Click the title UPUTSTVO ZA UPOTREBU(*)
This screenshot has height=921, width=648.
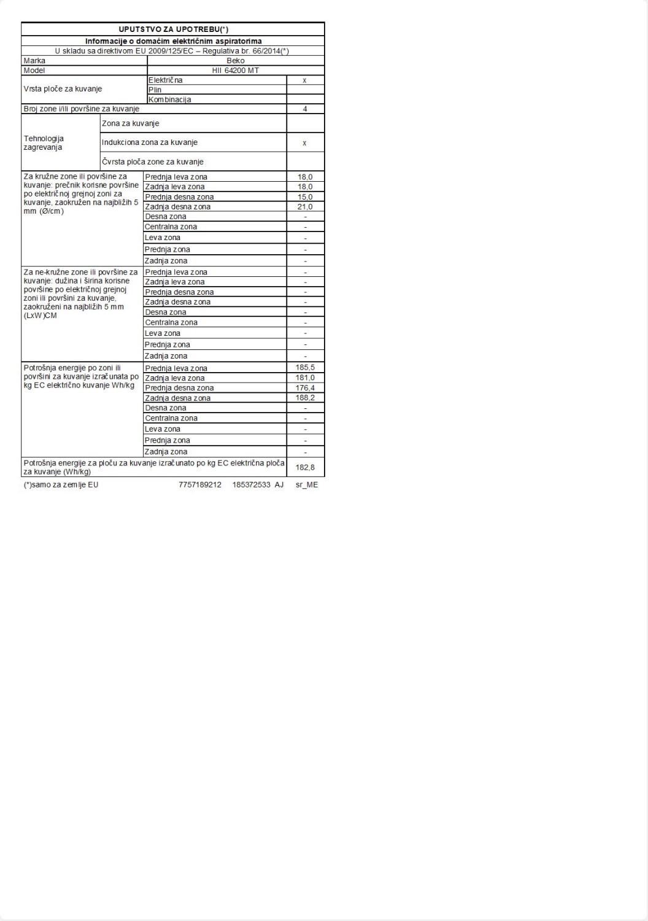point(173,29)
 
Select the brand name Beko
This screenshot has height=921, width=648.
point(236,61)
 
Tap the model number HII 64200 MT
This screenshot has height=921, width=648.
point(236,71)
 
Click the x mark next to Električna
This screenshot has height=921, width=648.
point(305,80)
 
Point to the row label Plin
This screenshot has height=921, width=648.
point(155,90)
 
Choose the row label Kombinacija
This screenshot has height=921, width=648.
point(170,99)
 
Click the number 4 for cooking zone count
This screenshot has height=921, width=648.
point(305,109)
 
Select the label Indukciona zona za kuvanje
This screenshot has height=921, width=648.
point(150,142)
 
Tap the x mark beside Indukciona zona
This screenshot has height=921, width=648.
point(305,143)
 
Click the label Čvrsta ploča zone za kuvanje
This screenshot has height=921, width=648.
point(153,162)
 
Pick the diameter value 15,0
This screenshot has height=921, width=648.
point(305,197)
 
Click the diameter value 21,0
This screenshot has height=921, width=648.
point(305,207)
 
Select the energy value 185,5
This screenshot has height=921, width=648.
point(305,368)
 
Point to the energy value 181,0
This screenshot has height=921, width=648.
point(305,378)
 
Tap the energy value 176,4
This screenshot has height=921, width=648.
point(305,388)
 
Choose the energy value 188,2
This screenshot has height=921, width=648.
point(305,398)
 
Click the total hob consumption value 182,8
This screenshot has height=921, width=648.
point(305,467)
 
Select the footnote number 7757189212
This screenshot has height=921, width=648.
point(200,485)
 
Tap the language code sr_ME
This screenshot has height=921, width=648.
point(307,485)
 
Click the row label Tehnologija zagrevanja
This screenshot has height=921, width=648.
point(44,143)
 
